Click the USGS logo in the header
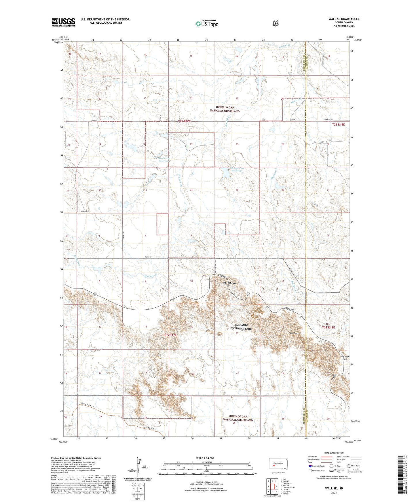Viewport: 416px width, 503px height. pos(63,22)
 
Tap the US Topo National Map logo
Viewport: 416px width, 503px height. pos(207,23)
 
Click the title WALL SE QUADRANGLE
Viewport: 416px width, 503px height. pos(344,19)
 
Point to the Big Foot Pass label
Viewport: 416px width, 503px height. pos(229,283)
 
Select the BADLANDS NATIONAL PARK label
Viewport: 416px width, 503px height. pos(241,327)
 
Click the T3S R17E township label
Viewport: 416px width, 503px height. pos(170,335)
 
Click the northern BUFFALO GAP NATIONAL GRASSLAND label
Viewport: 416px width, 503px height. pos(225,109)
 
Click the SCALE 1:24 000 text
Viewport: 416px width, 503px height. pos(205,458)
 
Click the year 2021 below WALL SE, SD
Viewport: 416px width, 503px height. pos(334,492)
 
